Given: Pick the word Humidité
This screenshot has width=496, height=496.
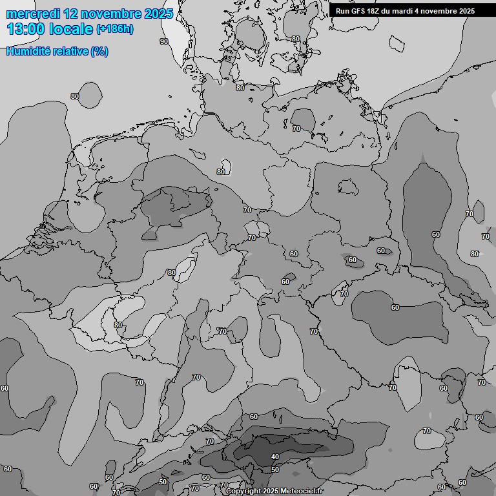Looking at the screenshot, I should pyautogui.click(x=28, y=51).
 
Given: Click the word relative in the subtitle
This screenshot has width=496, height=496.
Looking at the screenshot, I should pyautogui.click(x=70, y=51).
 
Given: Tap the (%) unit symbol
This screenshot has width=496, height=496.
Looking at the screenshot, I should pyautogui.click(x=99, y=51).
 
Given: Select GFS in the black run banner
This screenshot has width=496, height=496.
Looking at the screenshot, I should pyautogui.click(x=358, y=11).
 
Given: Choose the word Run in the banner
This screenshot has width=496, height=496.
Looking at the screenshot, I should pyautogui.click(x=342, y=11).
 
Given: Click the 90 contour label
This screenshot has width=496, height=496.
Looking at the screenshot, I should pyautogui.click(x=164, y=41).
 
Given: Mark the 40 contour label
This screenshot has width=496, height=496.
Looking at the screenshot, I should pyautogui.click(x=275, y=457).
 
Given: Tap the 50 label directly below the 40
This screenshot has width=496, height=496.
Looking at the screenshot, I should pyautogui.click(x=275, y=470).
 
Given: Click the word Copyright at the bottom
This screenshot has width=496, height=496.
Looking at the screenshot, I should pyautogui.click(x=243, y=491).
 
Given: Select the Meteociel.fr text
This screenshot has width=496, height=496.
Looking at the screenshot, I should pyautogui.click(x=302, y=491).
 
